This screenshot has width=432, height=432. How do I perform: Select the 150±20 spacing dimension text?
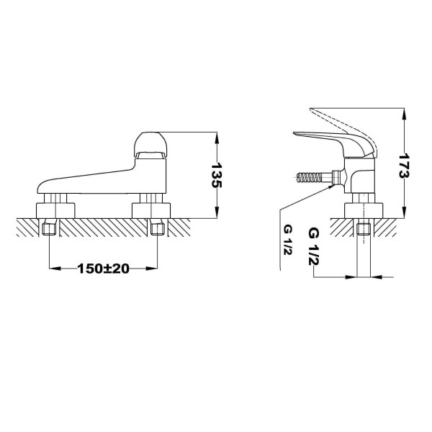[x=103, y=269]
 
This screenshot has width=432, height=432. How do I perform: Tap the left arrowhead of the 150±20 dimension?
[x=53, y=269]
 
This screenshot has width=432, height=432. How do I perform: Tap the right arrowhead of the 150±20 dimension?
[x=153, y=269]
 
